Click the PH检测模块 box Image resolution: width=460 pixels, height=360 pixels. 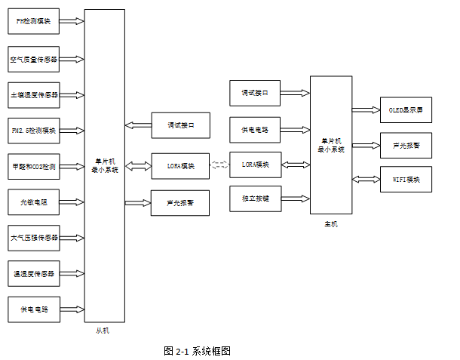[x=34, y=22]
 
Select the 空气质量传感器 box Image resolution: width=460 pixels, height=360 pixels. [x=34, y=58]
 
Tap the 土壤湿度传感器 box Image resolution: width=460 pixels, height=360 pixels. [x=34, y=94]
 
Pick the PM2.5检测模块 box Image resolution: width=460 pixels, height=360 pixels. [x=34, y=130]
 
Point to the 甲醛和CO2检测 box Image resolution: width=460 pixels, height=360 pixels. [x=34, y=165]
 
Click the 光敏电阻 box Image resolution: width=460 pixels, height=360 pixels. [x=34, y=202]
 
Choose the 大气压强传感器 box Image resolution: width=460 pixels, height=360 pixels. [x=34, y=237]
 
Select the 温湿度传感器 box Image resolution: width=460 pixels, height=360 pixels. [x=34, y=273]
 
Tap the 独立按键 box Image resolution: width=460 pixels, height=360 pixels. [x=255, y=199]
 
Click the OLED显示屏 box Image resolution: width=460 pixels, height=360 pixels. [x=406, y=110]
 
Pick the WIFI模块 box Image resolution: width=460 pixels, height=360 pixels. [x=406, y=180]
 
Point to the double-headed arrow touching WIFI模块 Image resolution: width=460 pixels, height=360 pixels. [x=366, y=180]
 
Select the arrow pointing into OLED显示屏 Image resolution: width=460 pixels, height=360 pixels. [x=366, y=110]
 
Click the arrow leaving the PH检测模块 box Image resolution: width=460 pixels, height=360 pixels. [x=72, y=22]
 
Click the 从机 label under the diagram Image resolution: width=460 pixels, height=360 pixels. [x=103, y=331]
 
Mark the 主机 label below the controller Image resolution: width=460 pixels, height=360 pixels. [x=331, y=223]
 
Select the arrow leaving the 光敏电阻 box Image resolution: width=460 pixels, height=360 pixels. [x=72, y=202]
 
